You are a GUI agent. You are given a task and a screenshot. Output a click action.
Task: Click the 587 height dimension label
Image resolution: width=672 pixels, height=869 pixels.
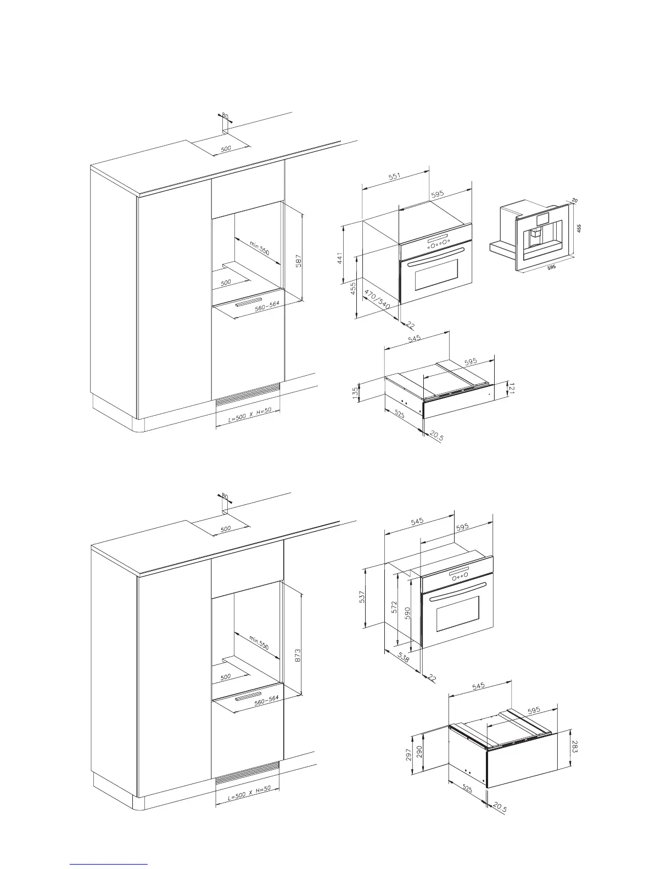pyautogui.click(x=299, y=259)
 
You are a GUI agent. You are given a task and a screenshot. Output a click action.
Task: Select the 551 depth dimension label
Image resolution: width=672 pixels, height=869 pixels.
pyautogui.click(x=395, y=177)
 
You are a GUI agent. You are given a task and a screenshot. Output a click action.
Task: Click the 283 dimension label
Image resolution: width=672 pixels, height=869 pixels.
pyautogui.click(x=574, y=747)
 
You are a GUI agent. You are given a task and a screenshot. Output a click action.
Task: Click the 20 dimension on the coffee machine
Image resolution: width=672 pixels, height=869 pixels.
pyautogui.click(x=574, y=201)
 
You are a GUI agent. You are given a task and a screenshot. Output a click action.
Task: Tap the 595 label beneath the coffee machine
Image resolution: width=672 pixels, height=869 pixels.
pyautogui.click(x=551, y=267)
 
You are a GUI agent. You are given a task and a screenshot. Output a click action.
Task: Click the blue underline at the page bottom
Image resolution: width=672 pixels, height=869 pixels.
pyautogui.click(x=109, y=863)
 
